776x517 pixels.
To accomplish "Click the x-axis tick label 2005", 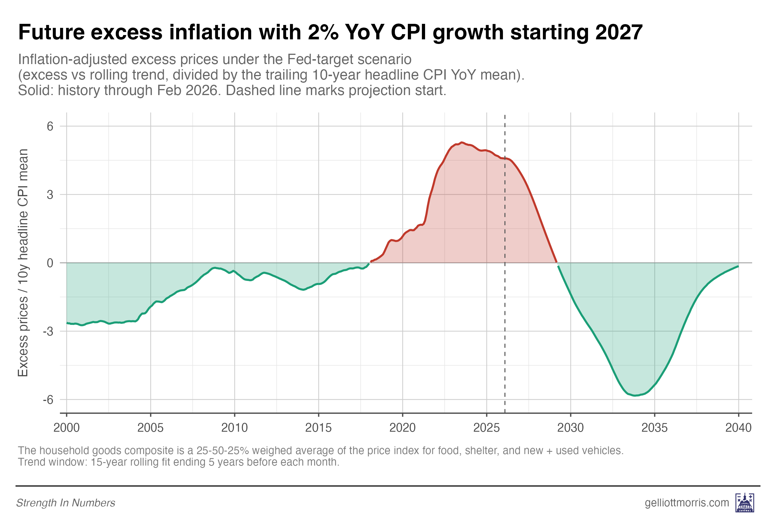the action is [x=150, y=428].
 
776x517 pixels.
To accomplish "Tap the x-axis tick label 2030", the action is [x=571, y=428].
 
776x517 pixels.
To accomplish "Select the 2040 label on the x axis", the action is [x=738, y=428].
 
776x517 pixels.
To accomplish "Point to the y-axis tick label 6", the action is [x=50, y=126].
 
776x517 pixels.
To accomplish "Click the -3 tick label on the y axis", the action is [x=48, y=331].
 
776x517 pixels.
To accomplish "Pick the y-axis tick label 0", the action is [x=50, y=263].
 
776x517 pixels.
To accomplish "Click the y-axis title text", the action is [x=23, y=263].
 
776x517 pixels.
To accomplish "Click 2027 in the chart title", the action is [x=619, y=32].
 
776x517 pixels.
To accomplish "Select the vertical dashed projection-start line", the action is [x=505, y=264].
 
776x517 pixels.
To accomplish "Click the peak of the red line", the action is [x=462, y=142].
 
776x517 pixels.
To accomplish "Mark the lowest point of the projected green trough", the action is [x=635, y=395].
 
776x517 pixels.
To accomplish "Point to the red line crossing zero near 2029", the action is [x=557, y=263].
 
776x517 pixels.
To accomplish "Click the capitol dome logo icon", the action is [x=745, y=502].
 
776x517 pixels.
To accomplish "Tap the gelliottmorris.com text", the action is [x=687, y=502].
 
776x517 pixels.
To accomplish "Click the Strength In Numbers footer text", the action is [x=66, y=503].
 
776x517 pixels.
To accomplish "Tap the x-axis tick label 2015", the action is [x=318, y=428].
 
